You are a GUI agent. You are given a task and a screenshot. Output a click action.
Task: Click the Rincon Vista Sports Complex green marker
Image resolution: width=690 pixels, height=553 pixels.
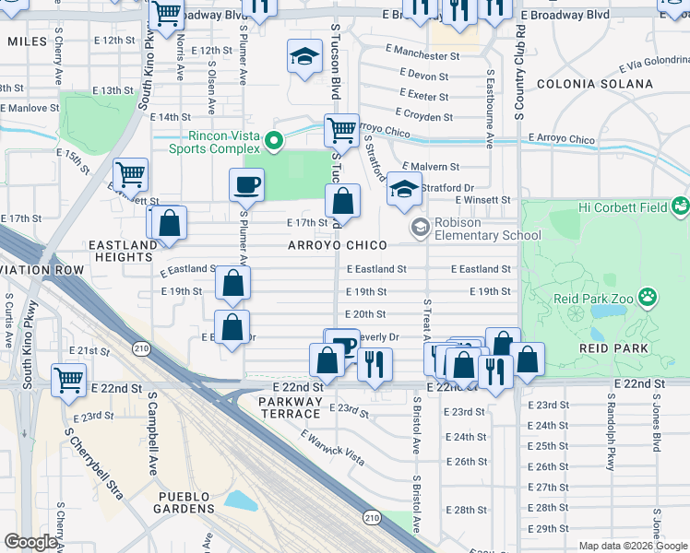(x=273, y=141)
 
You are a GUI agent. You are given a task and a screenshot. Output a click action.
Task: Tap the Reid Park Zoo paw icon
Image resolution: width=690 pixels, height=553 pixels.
(x=649, y=298)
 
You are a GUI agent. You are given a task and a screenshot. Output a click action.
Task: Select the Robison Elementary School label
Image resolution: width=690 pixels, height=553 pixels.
(x=488, y=229)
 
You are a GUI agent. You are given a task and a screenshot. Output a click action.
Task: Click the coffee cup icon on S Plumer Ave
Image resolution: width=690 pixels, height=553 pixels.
(x=246, y=184)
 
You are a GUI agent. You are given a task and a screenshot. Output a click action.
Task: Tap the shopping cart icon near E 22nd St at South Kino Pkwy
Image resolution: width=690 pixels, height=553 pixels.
(x=68, y=379)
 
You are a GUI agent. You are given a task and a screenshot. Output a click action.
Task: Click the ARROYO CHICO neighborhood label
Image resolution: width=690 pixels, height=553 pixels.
(x=337, y=246)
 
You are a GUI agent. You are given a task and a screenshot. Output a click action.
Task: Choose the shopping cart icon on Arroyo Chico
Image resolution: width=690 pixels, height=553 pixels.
(x=341, y=130)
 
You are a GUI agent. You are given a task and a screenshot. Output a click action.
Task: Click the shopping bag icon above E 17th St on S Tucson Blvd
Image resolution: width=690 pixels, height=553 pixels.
(x=342, y=200)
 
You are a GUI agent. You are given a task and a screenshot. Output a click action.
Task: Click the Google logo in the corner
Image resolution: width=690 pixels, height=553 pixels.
(x=30, y=542)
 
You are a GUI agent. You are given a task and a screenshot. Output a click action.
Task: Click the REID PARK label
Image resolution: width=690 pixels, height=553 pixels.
(x=613, y=347)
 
